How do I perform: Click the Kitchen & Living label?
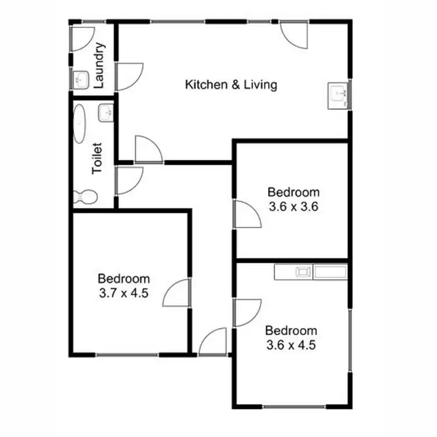point(231,85)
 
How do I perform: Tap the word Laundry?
point(99,65)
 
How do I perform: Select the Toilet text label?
point(97,158)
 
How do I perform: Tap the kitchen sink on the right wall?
point(339,93)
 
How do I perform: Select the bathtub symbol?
point(80,124)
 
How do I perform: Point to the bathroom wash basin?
point(105,112)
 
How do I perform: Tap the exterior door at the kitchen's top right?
point(293,35)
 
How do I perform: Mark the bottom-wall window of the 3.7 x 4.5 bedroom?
point(126,354)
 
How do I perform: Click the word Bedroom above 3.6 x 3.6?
point(293,192)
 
